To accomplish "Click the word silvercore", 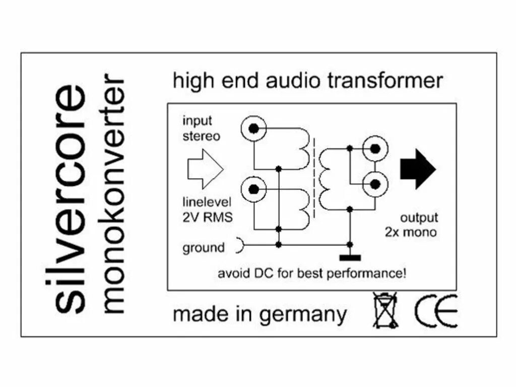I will (69, 199).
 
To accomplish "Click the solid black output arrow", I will (418, 169).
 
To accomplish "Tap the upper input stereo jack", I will (254, 130).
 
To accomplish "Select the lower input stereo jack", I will (254, 189).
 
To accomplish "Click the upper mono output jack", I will (375, 148).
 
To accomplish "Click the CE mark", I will (436, 312).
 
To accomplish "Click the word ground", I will (204, 248).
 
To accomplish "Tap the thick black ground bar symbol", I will (350, 258).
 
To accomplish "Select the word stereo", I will (201, 136).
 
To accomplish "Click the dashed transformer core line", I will (316, 174).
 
